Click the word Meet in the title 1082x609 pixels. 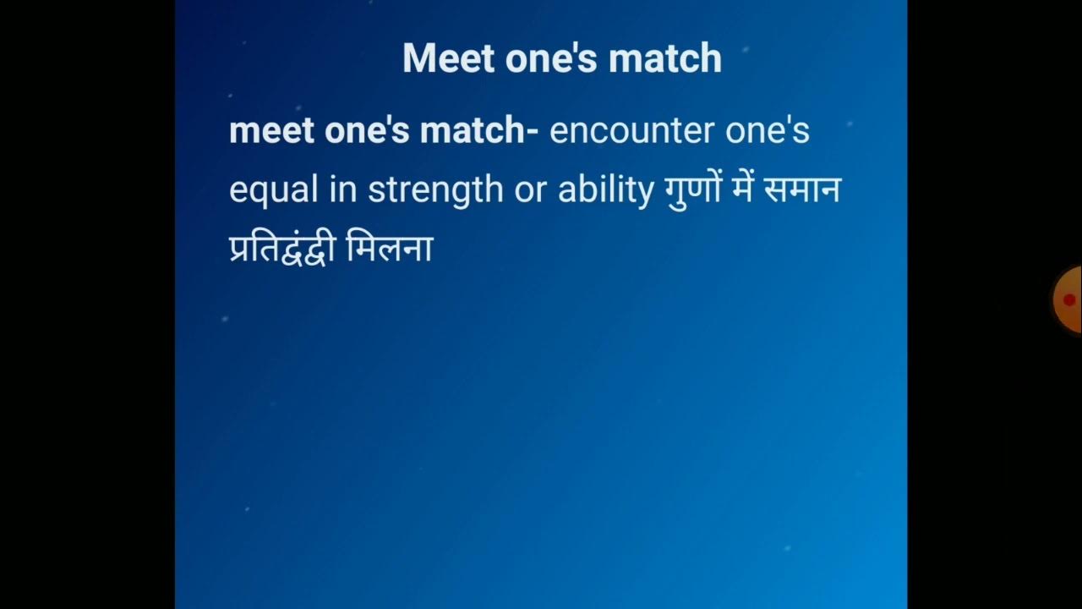[448, 58]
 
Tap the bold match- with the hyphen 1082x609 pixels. [479, 131]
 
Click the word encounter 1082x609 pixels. [620, 131]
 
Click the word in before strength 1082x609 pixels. [344, 190]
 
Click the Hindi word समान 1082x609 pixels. [802, 190]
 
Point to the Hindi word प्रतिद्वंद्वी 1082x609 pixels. [283, 250]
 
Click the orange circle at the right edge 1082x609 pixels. [1068, 299]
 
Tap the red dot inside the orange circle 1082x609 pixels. [1069, 299]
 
